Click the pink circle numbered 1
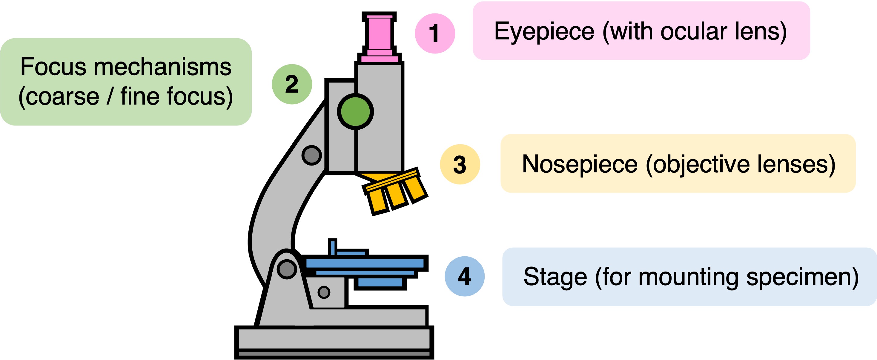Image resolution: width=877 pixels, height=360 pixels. [435, 33]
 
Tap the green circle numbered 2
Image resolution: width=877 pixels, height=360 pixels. [292, 84]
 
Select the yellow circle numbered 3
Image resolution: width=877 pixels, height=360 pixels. [460, 165]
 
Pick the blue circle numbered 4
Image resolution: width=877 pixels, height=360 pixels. [465, 276]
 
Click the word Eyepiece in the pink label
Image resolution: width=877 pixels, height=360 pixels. [544, 32]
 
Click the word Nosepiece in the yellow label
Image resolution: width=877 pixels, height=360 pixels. [580, 165]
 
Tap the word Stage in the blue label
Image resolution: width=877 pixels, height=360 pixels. [555, 277]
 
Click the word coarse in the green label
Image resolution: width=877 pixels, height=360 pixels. [62, 97]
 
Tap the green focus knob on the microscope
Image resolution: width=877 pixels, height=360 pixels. [355, 112]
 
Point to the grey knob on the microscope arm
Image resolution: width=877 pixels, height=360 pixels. [311, 155]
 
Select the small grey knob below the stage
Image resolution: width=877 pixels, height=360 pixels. [324, 292]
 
